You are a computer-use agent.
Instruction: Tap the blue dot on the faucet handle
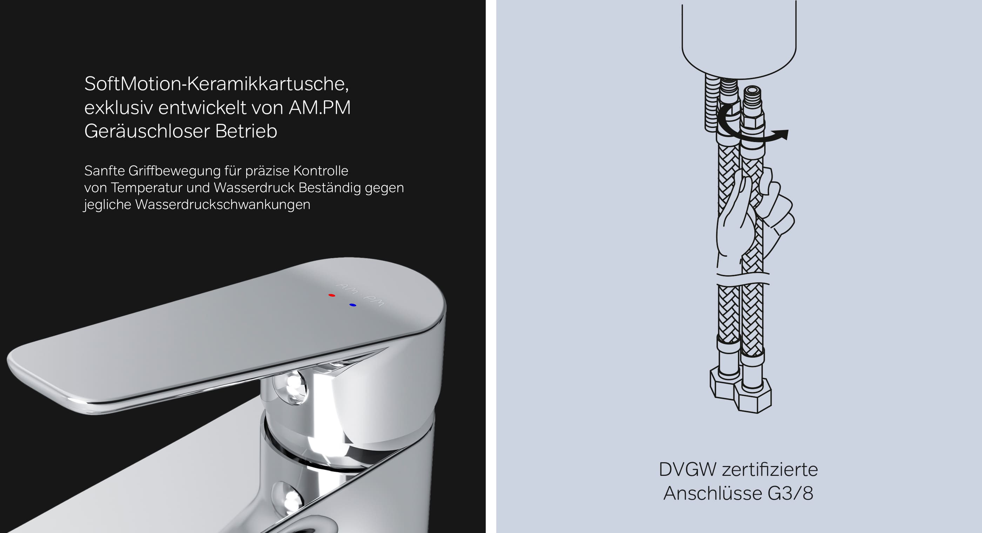[352, 305]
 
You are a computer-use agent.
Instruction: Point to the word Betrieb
[246, 131]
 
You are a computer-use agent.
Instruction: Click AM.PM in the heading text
[320, 108]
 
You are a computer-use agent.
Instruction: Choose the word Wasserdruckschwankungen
[223, 204]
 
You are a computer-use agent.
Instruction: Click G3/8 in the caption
[791, 493]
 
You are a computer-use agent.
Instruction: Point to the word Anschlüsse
[713, 493]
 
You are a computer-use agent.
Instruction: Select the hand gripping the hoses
[755, 221]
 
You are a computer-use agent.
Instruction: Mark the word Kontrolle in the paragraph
[321, 171]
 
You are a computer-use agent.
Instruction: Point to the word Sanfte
[105, 171]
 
